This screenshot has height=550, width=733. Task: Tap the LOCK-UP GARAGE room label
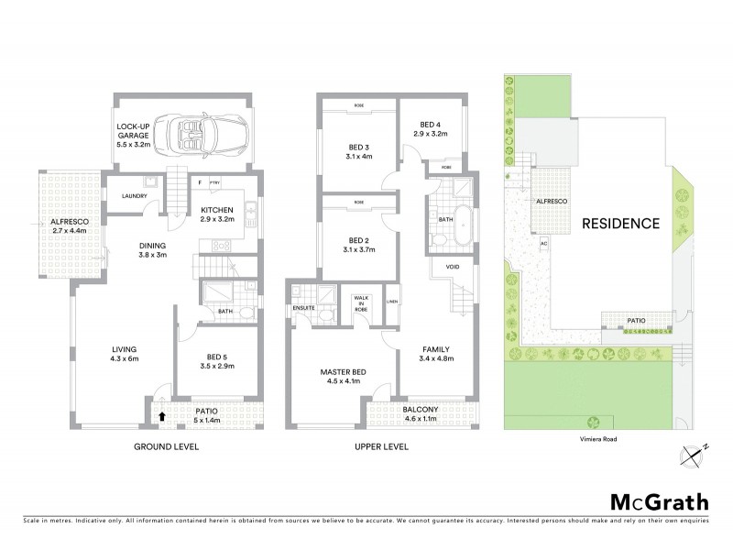click(x=134, y=135)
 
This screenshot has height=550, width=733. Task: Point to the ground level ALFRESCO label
click(x=69, y=227)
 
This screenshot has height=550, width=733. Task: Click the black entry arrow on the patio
click(x=162, y=416)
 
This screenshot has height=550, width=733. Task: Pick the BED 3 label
click(x=357, y=152)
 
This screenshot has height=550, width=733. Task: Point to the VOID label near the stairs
click(x=452, y=268)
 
